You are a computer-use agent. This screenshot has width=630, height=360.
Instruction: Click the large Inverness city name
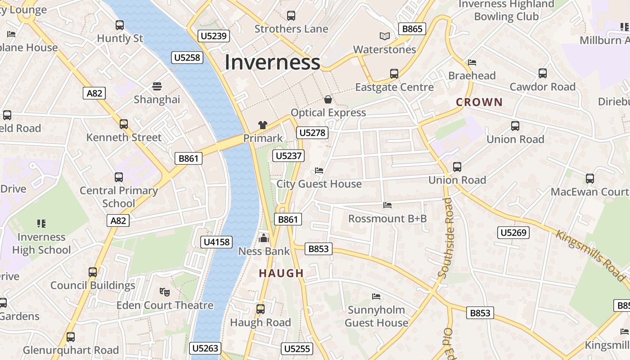tap(272, 62)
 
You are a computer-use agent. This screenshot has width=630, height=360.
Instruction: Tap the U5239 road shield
tap(213, 36)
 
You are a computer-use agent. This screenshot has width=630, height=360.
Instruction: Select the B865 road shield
tap(412, 29)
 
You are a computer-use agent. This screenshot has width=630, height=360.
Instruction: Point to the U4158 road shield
tap(217, 242)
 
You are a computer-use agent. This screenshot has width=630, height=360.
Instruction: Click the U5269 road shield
tap(513, 233)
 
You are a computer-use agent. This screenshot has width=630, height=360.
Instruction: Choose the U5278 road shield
tap(312, 133)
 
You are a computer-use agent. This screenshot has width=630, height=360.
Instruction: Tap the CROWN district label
tap(479, 102)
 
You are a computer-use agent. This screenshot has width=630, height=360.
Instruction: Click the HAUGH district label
tap(282, 273)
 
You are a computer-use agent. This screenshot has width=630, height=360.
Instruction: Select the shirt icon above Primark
tap(263, 125)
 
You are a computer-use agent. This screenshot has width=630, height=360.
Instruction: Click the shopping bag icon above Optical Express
tap(328, 99)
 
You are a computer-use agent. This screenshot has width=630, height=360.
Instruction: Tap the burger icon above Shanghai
tap(157, 86)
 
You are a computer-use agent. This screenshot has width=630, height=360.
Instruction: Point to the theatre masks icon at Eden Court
tap(165, 292)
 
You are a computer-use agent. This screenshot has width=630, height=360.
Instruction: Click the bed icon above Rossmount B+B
tap(387, 205)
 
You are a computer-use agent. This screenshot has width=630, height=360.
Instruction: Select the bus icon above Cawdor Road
tap(542, 73)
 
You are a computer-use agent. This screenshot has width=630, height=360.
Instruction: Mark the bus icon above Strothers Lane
tap(291, 16)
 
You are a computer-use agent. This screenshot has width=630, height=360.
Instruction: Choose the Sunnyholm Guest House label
tap(376, 316)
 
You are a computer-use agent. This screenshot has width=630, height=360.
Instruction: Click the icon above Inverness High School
tap(41, 223)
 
